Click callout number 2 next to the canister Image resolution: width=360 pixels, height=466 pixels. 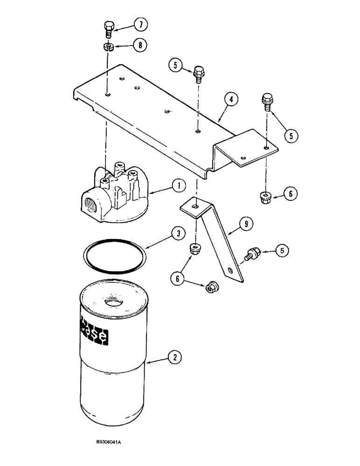[x=175, y=358]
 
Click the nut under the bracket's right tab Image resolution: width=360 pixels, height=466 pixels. [x=264, y=198]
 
